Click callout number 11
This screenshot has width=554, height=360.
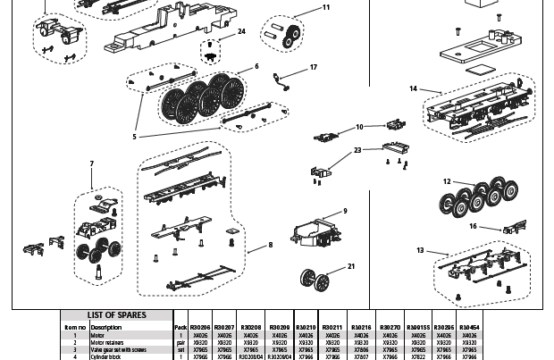(x=326, y=7)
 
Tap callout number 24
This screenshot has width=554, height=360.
(x=241, y=31)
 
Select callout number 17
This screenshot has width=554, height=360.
(x=314, y=68)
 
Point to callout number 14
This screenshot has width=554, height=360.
(x=414, y=88)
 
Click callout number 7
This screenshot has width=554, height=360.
(x=91, y=163)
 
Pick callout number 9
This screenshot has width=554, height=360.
(x=344, y=212)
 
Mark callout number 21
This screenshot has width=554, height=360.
(x=351, y=266)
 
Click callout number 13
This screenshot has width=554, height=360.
(x=420, y=251)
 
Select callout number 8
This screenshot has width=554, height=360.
(x=270, y=245)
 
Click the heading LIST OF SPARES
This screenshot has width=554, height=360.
(x=117, y=315)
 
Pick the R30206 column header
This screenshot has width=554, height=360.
(x=200, y=328)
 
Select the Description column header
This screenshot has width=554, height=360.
(x=105, y=328)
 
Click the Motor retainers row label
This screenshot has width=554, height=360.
(x=106, y=342)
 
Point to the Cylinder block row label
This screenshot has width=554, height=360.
(x=105, y=356)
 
